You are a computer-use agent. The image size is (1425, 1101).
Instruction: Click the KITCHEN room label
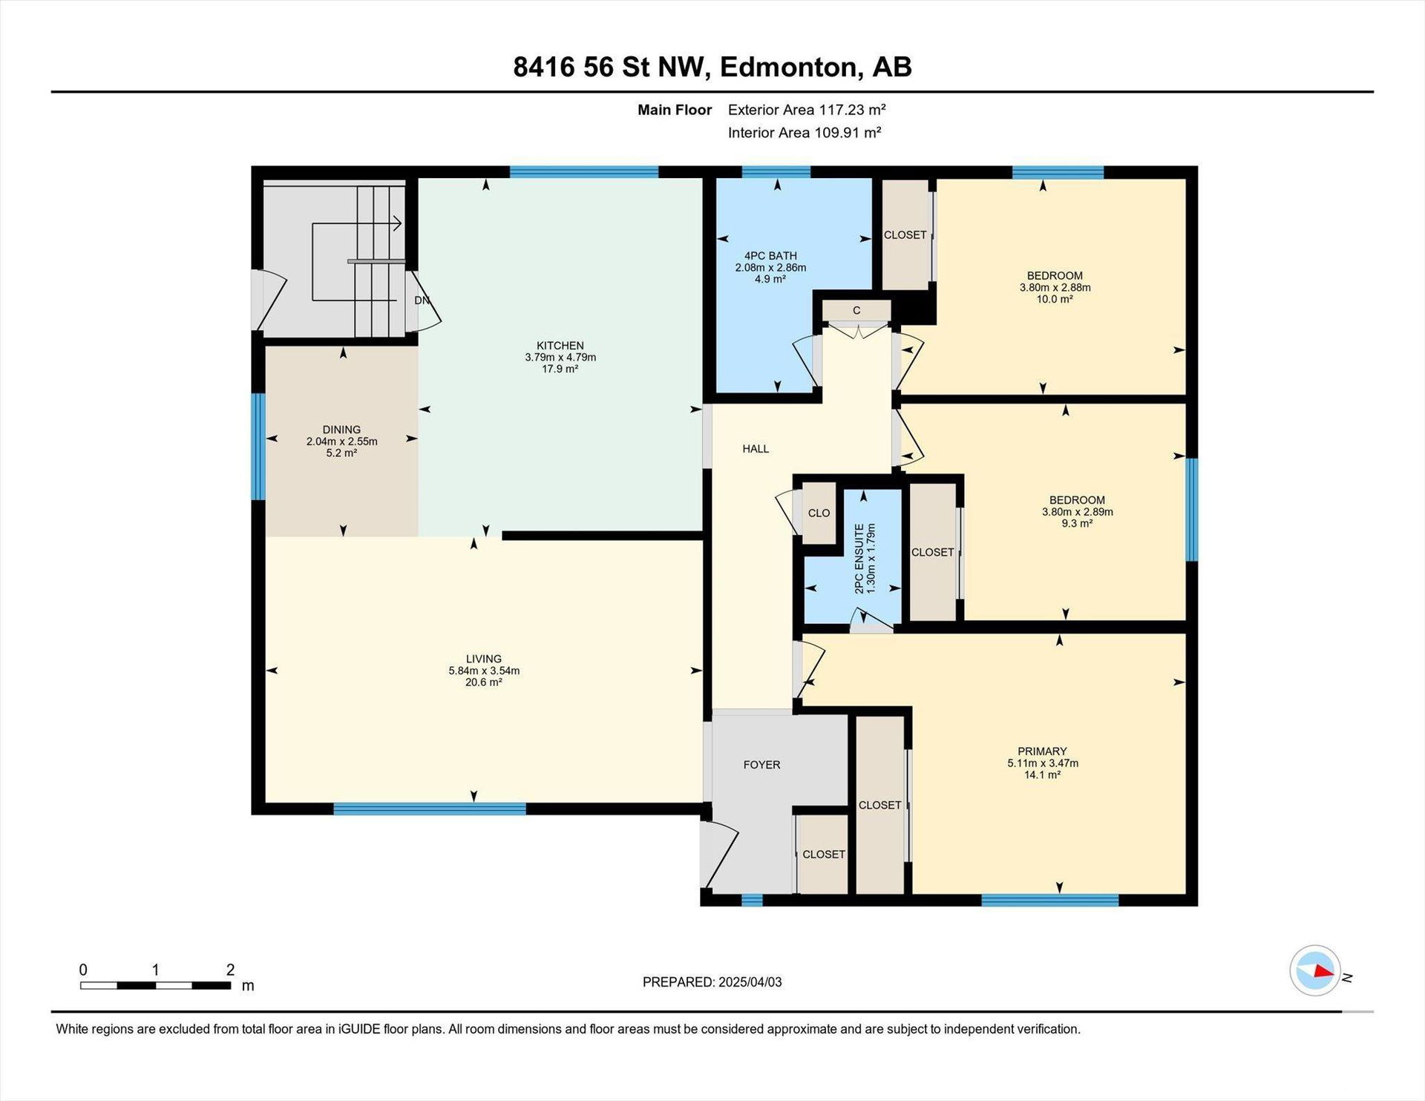tap(560, 346)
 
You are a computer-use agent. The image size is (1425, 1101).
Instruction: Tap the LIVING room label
tap(484, 659)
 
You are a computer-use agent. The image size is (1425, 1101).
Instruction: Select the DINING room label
tap(341, 430)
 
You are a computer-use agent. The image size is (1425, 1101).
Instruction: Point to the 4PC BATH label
tap(770, 256)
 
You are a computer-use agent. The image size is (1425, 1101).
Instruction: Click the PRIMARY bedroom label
tap(1042, 752)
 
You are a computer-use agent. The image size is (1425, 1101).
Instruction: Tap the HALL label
tap(756, 449)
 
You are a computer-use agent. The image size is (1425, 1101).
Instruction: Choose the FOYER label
tap(761, 765)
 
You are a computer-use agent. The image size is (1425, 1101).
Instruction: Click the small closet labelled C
tap(856, 310)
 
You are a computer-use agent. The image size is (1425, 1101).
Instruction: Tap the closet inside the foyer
tap(823, 855)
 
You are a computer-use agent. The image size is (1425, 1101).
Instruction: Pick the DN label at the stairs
tap(422, 300)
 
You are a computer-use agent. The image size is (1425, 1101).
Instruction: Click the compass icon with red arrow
tap(1315, 970)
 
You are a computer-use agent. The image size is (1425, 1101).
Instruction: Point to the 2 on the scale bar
tap(231, 970)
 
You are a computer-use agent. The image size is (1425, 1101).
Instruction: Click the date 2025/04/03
tap(750, 982)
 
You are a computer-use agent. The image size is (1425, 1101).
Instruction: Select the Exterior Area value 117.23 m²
tap(853, 110)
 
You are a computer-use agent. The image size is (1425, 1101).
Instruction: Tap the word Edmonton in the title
tap(789, 68)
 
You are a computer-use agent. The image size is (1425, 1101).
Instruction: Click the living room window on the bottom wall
tap(430, 809)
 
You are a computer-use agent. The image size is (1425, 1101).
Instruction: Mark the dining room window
tap(258, 447)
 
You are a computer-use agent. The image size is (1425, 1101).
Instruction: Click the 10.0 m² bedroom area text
tap(1055, 300)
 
